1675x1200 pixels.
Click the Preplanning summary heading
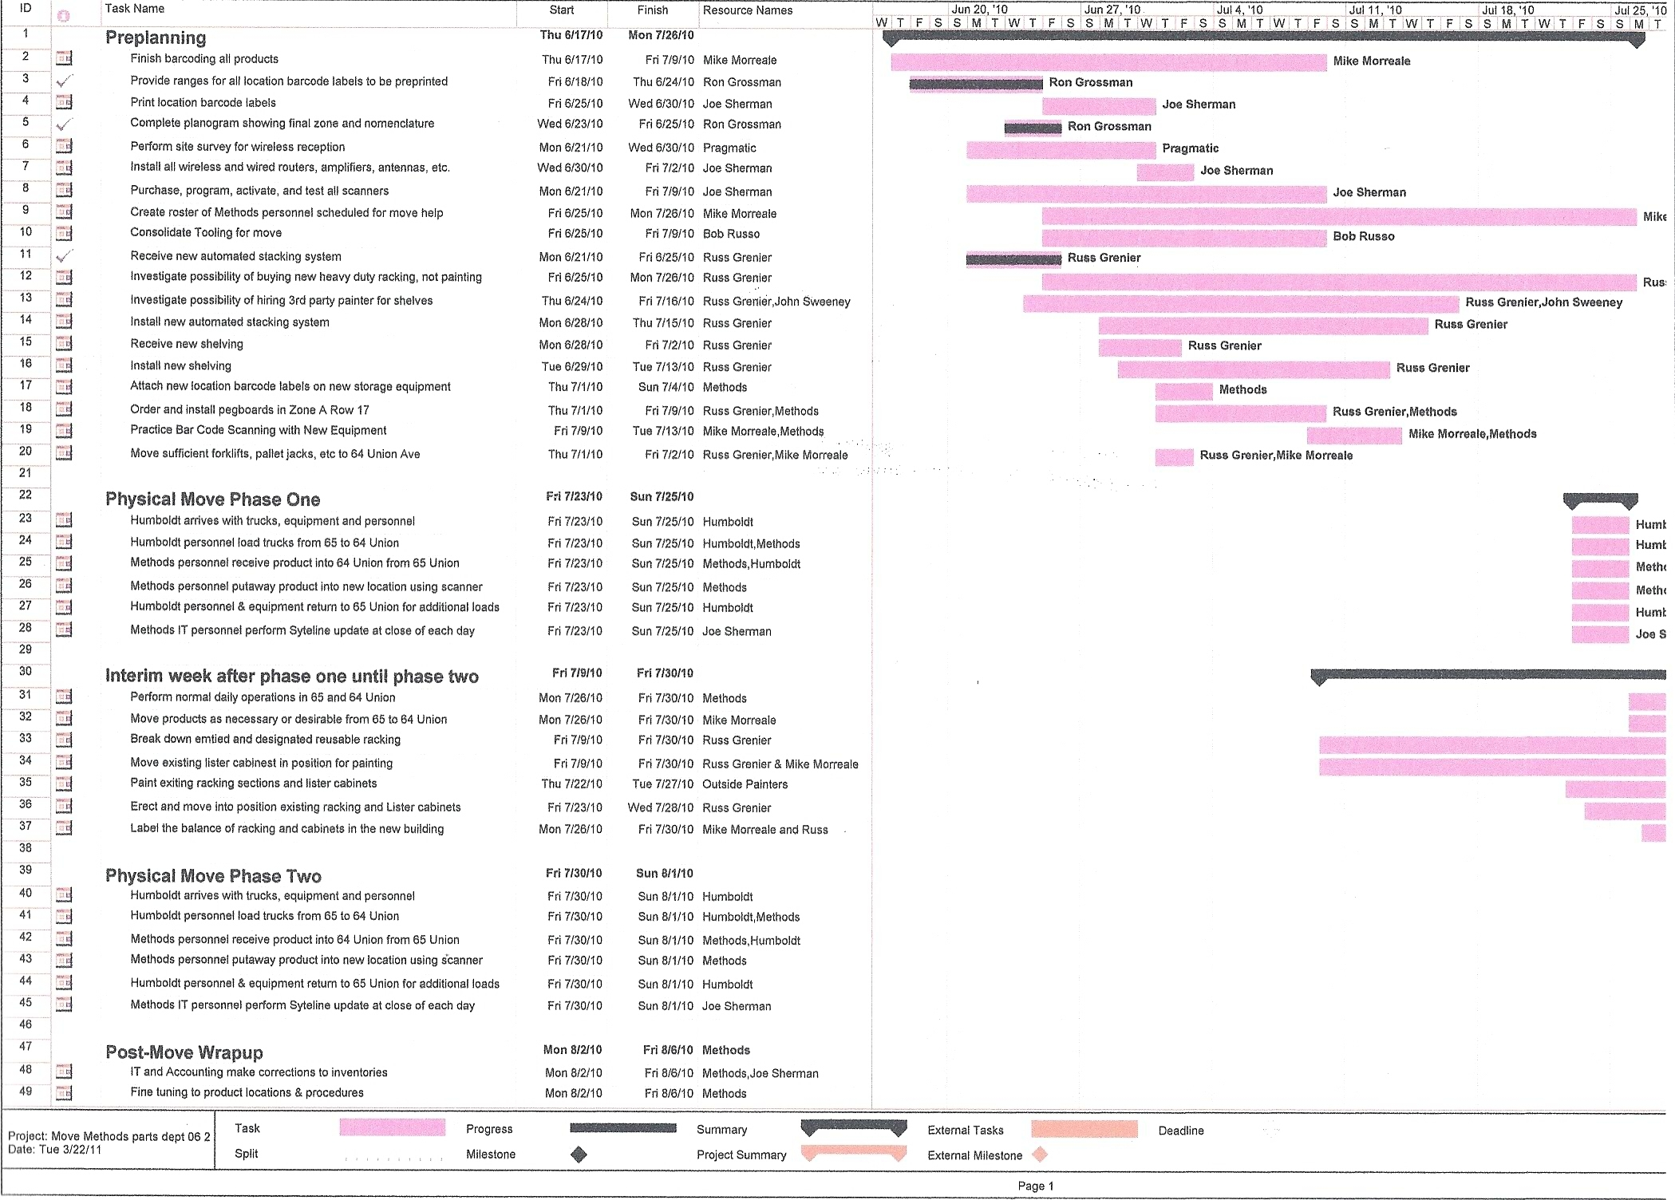(x=156, y=37)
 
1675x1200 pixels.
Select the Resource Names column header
(x=748, y=10)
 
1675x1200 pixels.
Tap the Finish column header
(x=653, y=10)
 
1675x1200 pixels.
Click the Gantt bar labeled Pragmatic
(x=1061, y=149)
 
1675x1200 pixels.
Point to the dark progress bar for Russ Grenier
(x=1013, y=259)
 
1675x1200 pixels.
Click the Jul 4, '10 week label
(x=1239, y=10)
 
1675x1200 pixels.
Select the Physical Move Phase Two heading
(x=213, y=876)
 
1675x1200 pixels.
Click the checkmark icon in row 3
(x=65, y=81)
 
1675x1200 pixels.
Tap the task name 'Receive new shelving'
(x=187, y=344)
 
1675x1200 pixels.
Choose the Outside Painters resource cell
(x=745, y=784)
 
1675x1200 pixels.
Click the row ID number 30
(x=26, y=672)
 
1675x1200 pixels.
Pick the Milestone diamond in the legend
(x=579, y=1155)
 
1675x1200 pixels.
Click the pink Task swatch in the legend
(x=393, y=1127)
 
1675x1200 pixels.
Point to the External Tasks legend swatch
(x=1084, y=1129)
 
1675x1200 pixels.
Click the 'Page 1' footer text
(x=1036, y=1186)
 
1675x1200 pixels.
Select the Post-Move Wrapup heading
(x=184, y=1052)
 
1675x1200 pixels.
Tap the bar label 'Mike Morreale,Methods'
(x=1472, y=434)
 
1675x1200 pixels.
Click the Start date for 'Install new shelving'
(x=572, y=367)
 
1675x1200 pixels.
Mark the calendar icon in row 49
(x=65, y=1092)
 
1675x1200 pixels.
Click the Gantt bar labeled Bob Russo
(x=1184, y=238)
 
